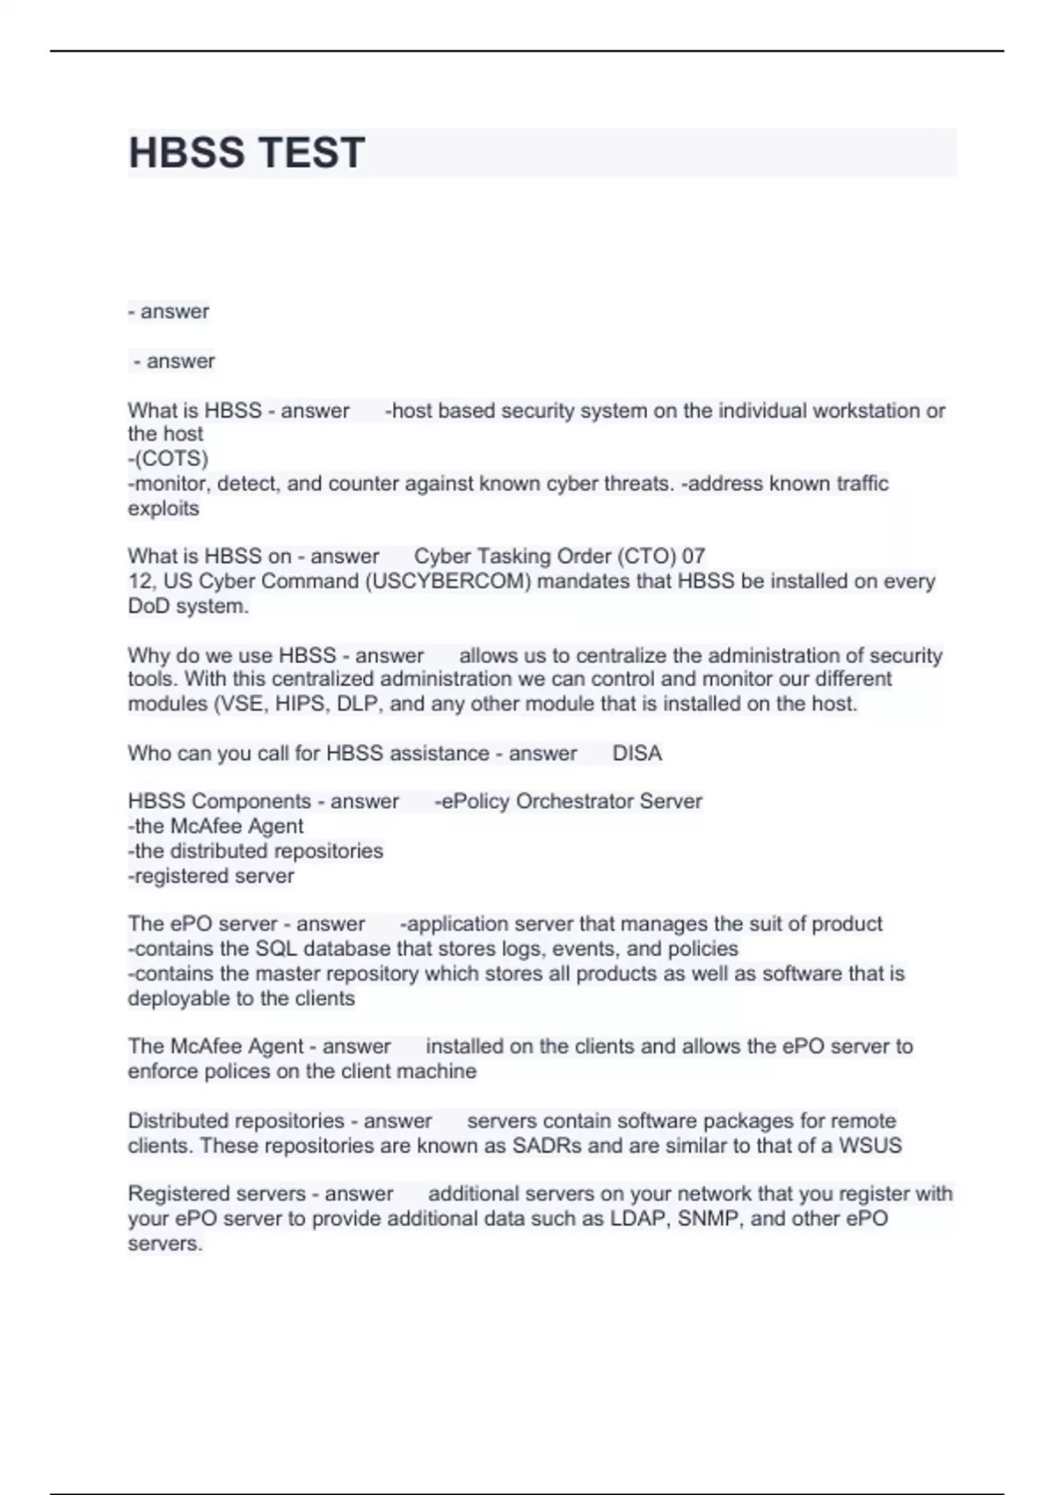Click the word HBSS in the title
coord(186,153)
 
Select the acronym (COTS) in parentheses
coord(168,459)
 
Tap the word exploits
coord(164,508)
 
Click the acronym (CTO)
coord(646,557)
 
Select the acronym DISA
coord(637,754)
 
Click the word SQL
coord(276,949)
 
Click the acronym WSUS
coord(869,1146)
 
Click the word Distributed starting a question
coord(192,1121)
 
